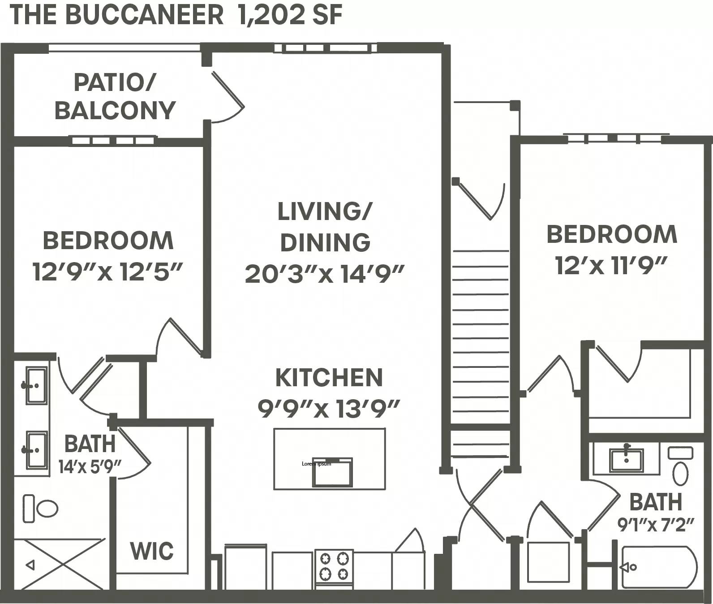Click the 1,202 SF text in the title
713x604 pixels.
pos(291,14)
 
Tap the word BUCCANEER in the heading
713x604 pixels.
pos(144,14)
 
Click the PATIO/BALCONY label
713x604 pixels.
pos(115,97)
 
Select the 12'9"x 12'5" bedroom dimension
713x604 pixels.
pos(107,272)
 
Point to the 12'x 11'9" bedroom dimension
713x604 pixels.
pos(611,265)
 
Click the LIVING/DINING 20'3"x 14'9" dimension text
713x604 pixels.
pos(325,274)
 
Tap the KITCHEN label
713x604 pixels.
pos(329,378)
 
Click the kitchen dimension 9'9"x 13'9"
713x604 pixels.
pos(328,408)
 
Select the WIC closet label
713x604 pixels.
pos(152,551)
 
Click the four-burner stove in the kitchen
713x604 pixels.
pos(334,566)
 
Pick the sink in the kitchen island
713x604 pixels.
pos(332,473)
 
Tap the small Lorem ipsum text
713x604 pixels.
pos(316,464)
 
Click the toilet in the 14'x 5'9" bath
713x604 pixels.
pos(41,509)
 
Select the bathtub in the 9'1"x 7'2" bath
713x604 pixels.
pos(658,567)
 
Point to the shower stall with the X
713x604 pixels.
pos(59,565)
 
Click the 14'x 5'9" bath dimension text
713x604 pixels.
pos(90,467)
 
